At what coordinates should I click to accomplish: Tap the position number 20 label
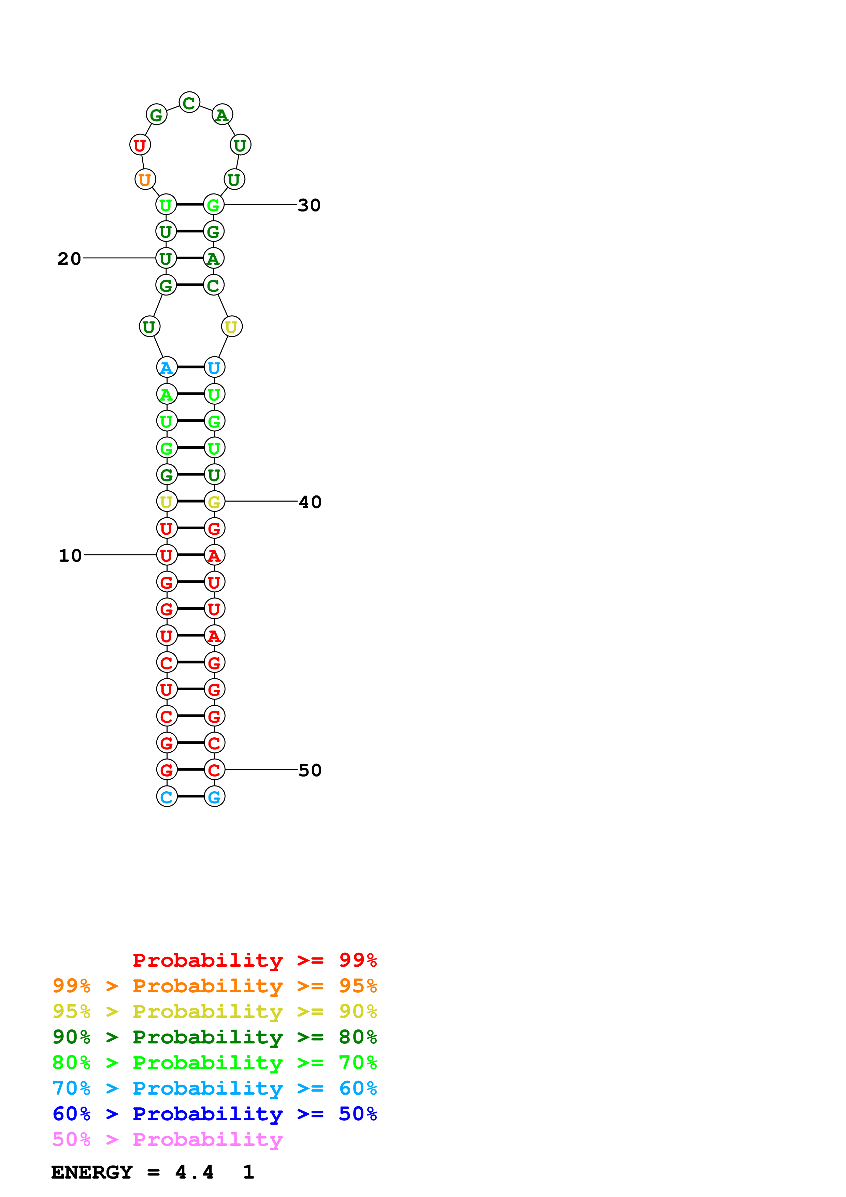(x=69, y=259)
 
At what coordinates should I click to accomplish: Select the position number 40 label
(x=310, y=502)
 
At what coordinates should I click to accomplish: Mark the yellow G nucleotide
(x=214, y=502)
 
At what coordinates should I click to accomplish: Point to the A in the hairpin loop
(x=222, y=115)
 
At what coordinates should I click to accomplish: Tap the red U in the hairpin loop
(x=140, y=145)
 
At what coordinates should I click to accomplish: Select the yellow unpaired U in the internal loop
(x=231, y=327)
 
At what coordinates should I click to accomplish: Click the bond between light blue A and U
(x=190, y=367)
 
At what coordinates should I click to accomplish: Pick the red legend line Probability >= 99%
(x=254, y=960)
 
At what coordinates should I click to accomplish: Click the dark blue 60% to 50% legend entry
(x=214, y=1114)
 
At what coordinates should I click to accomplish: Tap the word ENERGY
(x=92, y=1172)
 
